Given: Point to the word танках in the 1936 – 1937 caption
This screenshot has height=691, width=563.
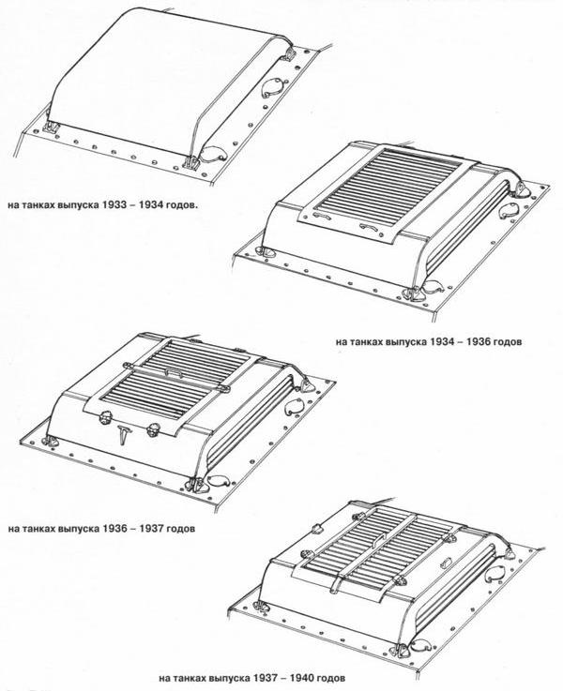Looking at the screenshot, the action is pos(38,529).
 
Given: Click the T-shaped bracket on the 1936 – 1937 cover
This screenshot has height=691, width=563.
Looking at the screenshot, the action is pos(124,435).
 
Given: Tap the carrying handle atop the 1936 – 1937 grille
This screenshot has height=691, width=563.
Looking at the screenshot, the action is pos(175,373).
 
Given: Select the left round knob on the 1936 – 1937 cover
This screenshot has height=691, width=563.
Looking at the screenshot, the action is pos(106,417).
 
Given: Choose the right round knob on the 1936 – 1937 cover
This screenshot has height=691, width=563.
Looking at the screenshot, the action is pos(154,429).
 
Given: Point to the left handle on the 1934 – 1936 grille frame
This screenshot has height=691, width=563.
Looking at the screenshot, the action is pos(321,215).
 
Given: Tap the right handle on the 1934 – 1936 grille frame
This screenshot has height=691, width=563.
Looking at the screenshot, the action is pos(369,227).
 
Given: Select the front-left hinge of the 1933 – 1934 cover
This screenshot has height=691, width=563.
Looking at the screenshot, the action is pos(52,127).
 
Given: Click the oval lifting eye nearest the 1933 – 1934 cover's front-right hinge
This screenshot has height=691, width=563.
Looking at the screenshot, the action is pos(214,154).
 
